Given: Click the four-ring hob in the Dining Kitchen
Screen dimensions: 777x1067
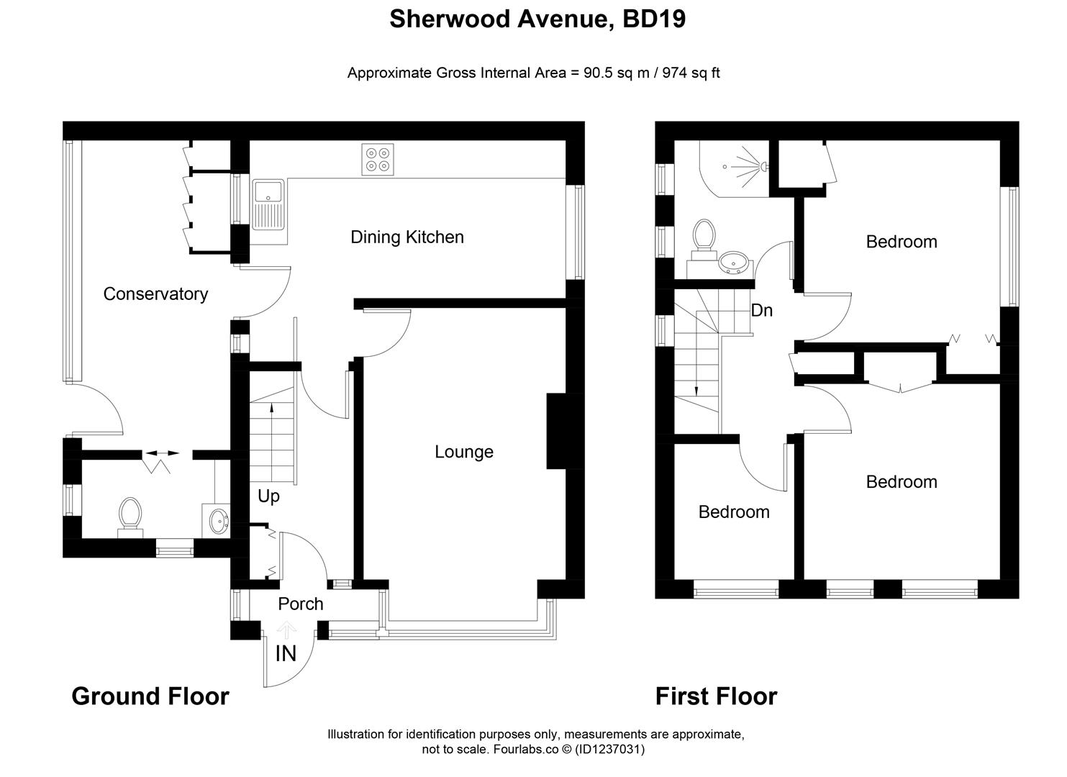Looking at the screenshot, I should pyautogui.click(x=378, y=160).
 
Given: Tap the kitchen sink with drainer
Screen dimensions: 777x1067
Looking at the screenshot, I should pyautogui.click(x=268, y=204).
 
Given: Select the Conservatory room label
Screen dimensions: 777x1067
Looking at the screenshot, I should pyautogui.click(x=155, y=294).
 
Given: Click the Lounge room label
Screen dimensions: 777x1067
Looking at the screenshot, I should pyautogui.click(x=464, y=452).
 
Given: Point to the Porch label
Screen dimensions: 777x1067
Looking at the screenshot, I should pyautogui.click(x=301, y=604).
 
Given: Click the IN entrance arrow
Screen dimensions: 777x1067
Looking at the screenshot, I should pyautogui.click(x=286, y=632).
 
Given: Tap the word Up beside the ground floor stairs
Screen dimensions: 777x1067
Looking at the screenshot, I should pyautogui.click(x=268, y=496).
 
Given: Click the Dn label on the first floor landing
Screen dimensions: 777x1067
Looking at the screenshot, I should pyautogui.click(x=761, y=311).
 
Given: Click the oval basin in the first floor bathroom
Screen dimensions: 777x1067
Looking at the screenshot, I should pyautogui.click(x=734, y=263).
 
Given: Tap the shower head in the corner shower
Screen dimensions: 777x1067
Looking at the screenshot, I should pyautogui.click(x=760, y=167).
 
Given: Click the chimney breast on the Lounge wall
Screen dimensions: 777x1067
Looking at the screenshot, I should pyautogui.click(x=557, y=431).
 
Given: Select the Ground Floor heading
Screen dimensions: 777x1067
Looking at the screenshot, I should pyautogui.click(x=150, y=696).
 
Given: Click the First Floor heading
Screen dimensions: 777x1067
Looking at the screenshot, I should pyautogui.click(x=716, y=696).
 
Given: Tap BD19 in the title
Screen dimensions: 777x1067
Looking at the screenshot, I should pyautogui.click(x=653, y=19).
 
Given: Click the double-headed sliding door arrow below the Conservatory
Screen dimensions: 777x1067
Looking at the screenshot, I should pyautogui.click(x=163, y=453).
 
